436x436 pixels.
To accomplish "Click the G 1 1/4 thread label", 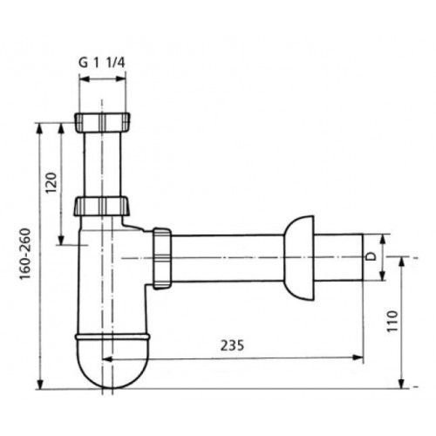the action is [x=102, y=63].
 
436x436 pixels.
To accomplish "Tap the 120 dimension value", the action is [x=51, y=182].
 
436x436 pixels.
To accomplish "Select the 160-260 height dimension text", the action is [x=25, y=254].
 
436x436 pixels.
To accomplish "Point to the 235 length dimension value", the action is [x=232, y=345].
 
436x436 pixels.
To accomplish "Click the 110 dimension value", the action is [x=392, y=321].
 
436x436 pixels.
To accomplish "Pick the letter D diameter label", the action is [x=371, y=256].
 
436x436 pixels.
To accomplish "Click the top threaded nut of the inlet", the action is [x=102, y=122].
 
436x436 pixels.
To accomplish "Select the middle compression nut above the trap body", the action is [x=101, y=206].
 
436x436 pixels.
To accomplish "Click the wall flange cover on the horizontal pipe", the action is [x=299, y=258].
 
